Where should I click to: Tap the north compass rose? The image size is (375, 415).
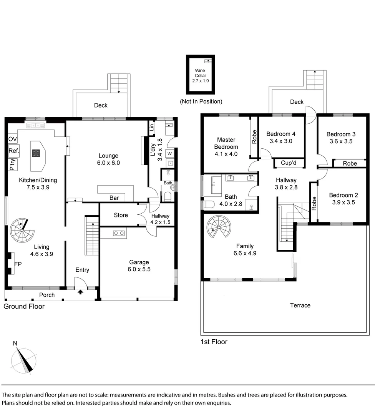click(x=23, y=359)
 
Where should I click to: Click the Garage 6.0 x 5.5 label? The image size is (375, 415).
click(x=139, y=266)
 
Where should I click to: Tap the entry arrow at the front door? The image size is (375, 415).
click(x=80, y=292)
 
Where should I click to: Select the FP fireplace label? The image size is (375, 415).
click(x=17, y=264)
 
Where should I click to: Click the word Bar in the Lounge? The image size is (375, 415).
click(x=114, y=198)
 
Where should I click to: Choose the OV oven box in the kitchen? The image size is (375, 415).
click(x=12, y=139)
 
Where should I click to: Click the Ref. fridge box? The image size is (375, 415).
click(x=14, y=151)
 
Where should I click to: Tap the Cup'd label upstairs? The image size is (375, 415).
click(x=289, y=163)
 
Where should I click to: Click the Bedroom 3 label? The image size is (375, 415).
click(x=341, y=138)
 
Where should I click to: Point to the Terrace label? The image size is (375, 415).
click(x=300, y=305)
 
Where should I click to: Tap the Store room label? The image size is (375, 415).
click(x=121, y=215)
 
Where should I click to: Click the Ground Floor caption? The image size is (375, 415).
click(x=24, y=306)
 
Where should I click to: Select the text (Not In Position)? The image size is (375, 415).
click(x=201, y=101)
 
